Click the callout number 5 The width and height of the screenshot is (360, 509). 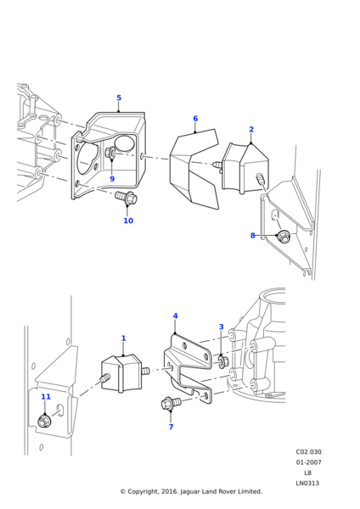click(119, 98)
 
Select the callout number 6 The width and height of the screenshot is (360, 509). click(195, 119)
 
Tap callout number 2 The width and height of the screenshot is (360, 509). click(251, 130)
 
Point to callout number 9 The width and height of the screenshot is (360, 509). click(112, 179)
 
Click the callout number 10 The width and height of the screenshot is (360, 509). click(128, 221)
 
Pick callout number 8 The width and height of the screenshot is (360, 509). click(252, 236)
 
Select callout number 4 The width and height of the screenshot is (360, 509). click(176, 316)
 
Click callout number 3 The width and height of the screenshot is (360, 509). click(222, 327)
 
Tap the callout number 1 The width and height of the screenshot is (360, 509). click(123, 338)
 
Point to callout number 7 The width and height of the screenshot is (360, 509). click(171, 427)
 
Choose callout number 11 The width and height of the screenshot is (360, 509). click(46, 397)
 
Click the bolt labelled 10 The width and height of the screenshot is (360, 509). click(127, 199)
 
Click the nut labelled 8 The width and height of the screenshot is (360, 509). click(284, 237)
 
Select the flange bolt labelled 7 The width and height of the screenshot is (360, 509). click(170, 403)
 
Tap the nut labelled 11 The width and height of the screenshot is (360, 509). click(45, 420)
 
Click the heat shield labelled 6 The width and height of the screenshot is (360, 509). click(194, 170)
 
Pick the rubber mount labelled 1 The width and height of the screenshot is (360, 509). click(122, 373)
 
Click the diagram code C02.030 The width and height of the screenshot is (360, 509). click(308, 452)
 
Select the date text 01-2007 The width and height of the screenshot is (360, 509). click(308, 462)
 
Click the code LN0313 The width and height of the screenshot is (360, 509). click(307, 483)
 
